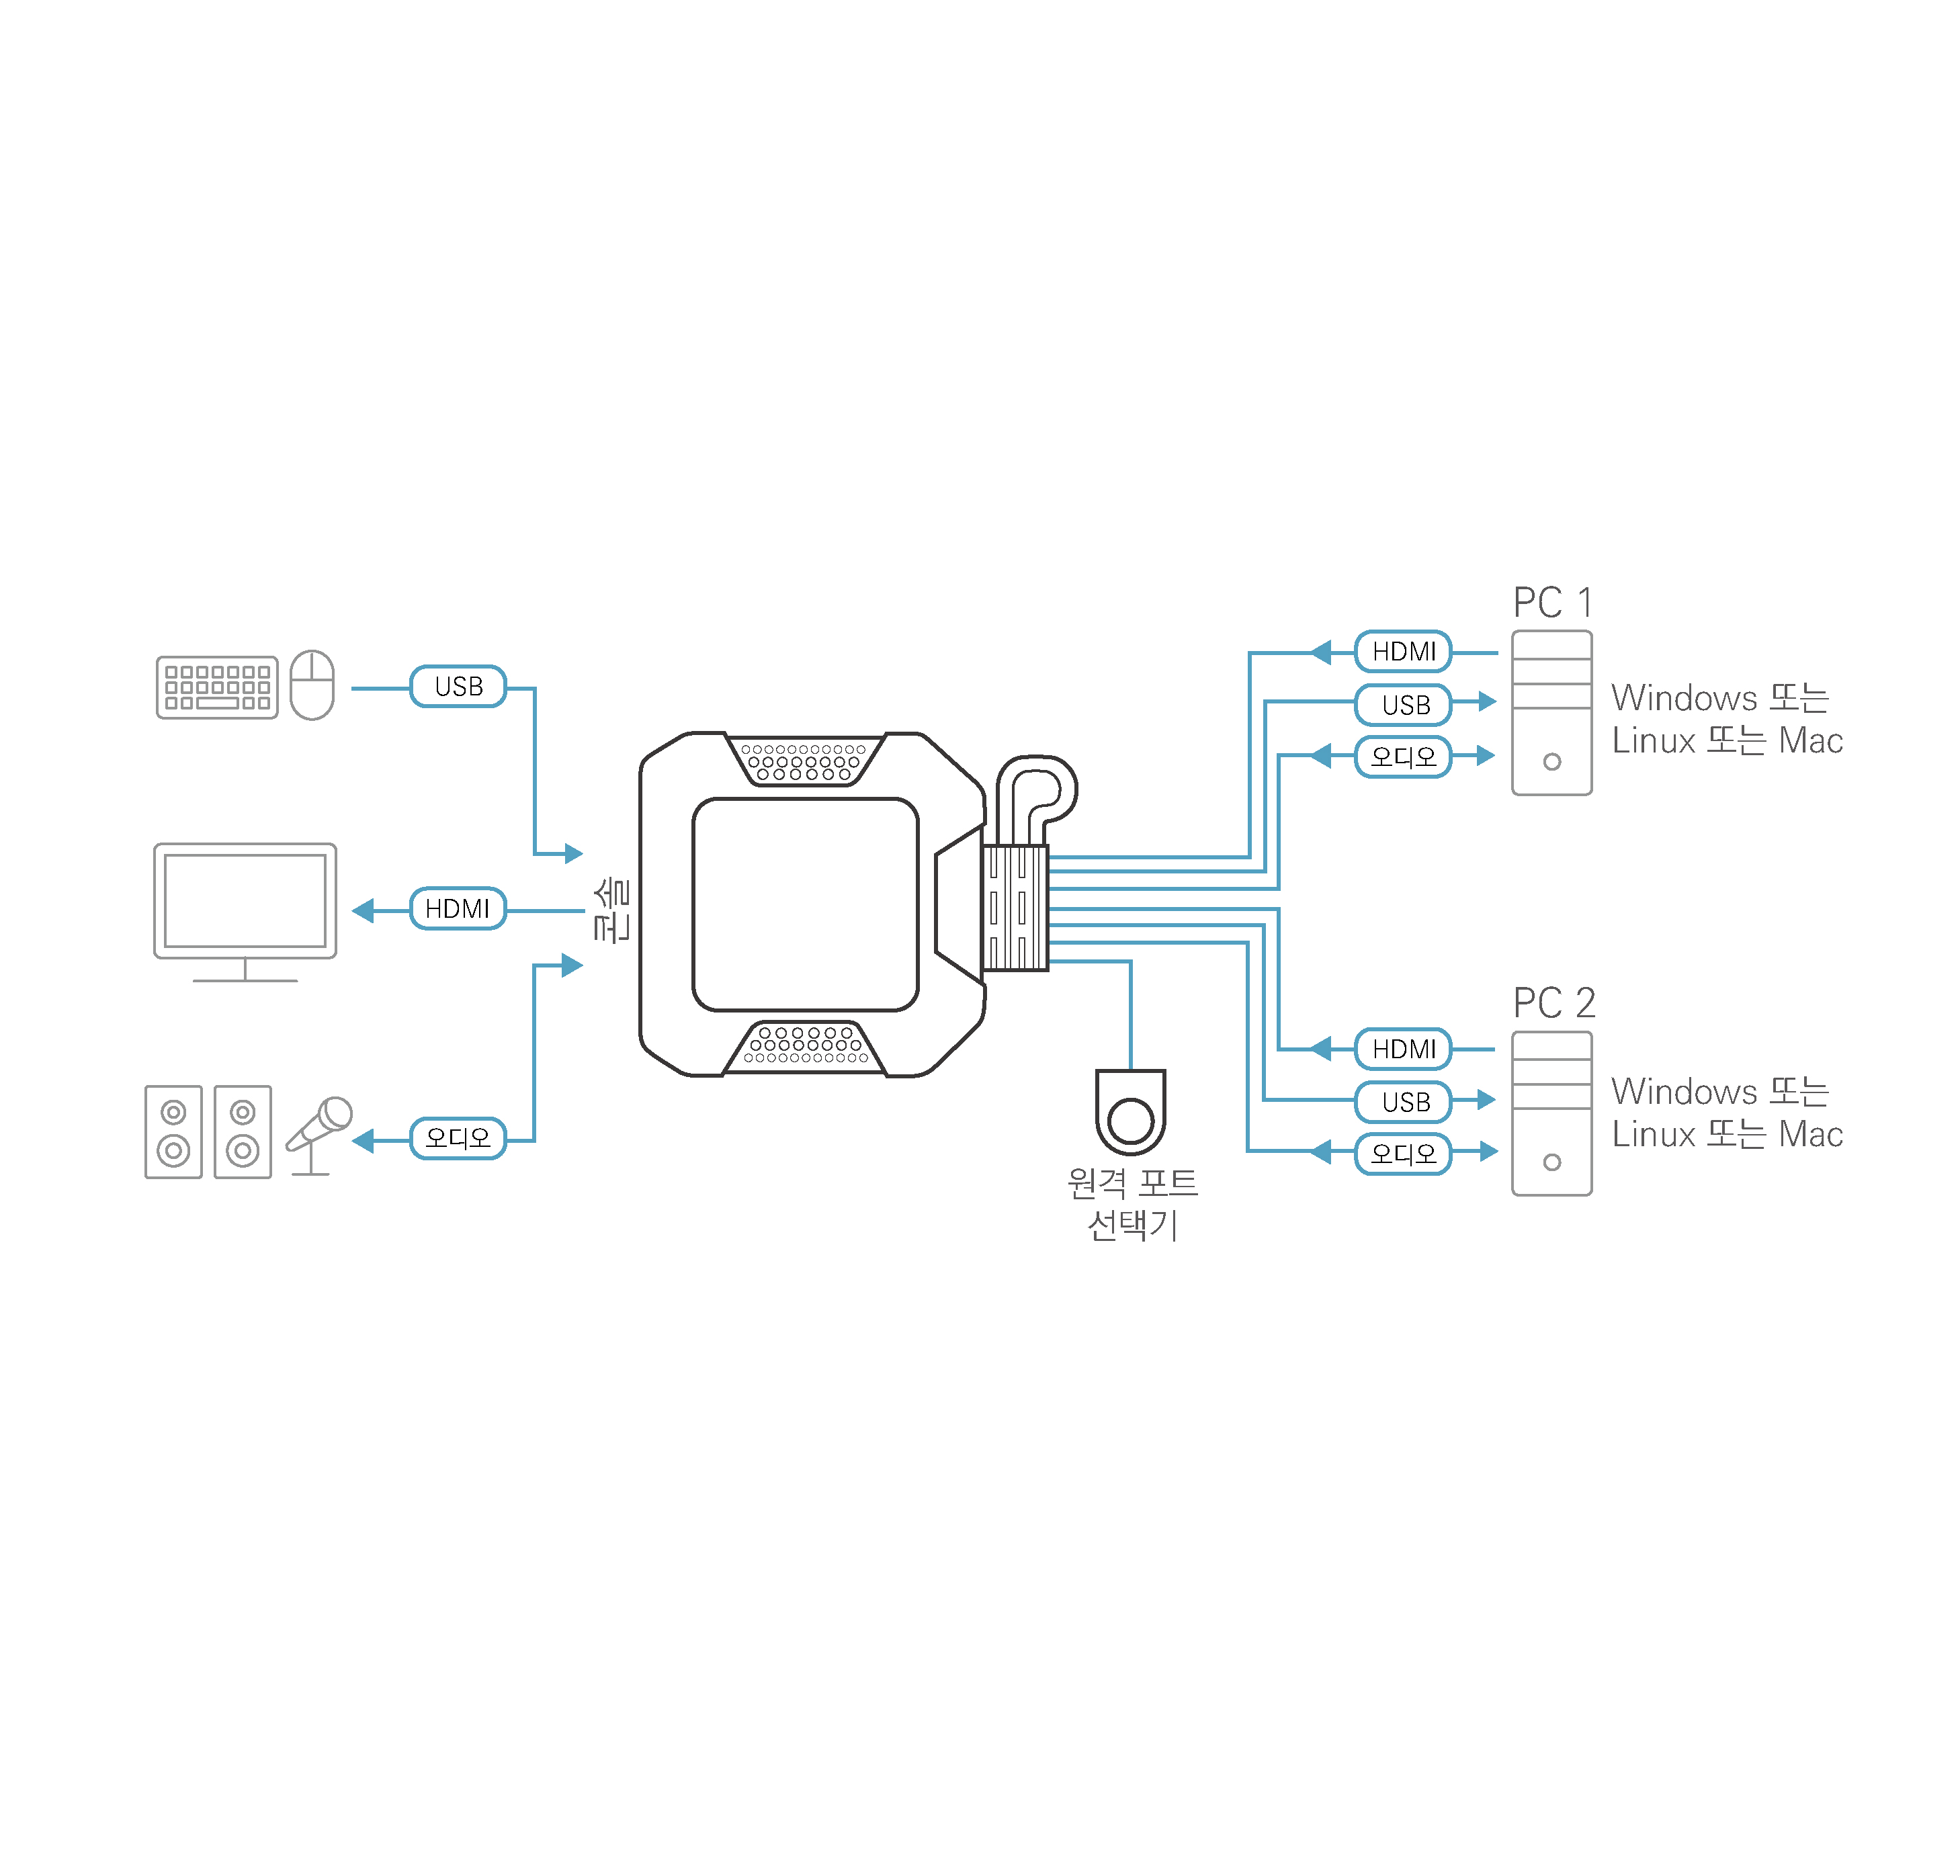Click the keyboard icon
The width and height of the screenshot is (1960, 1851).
click(216, 688)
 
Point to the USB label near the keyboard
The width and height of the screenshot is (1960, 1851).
click(458, 687)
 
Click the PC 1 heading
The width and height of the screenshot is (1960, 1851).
click(1551, 603)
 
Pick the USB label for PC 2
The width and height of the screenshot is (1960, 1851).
click(1404, 1102)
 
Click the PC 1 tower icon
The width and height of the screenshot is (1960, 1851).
click(1551, 712)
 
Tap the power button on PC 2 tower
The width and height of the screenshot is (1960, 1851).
click(1551, 1162)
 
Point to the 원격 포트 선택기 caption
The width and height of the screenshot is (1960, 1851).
click(1132, 1204)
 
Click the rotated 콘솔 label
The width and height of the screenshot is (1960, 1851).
click(612, 910)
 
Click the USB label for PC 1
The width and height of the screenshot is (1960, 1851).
click(1404, 705)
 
